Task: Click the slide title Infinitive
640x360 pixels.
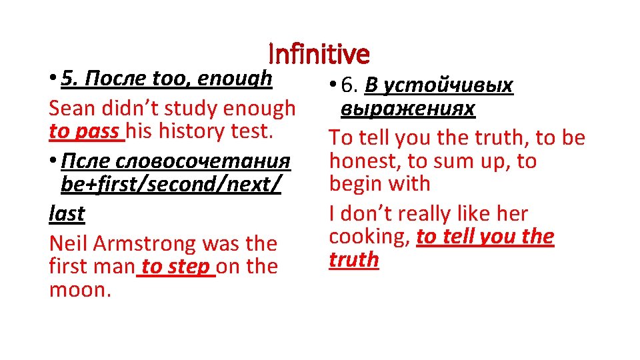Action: pos(319,53)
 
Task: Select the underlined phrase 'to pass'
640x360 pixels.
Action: pos(86,131)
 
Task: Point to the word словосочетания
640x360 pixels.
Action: pos(203,161)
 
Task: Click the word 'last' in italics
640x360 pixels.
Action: pos(67,213)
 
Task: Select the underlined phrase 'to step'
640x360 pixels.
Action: pos(176,266)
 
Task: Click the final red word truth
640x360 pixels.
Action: pos(353,259)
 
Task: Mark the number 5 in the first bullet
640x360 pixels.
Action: pos(66,79)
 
